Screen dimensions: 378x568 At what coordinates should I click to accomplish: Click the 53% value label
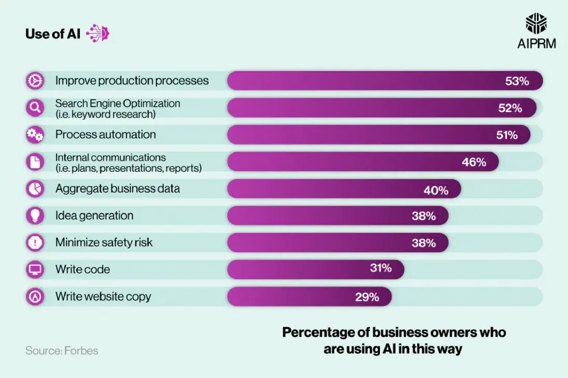pos(517,81)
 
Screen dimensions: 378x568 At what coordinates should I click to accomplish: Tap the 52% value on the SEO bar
pos(510,108)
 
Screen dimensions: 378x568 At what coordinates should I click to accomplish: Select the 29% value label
pos(367,297)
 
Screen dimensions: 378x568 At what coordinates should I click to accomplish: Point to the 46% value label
pos(474,162)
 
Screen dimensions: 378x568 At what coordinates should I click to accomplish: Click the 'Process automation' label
pos(105,135)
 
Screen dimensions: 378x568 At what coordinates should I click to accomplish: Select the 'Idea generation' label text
pos(94,215)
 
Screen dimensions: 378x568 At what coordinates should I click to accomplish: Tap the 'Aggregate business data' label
pos(118,188)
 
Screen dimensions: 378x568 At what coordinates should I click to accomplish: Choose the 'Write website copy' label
pos(103,297)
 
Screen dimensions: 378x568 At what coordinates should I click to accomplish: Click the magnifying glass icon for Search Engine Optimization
pos(35,108)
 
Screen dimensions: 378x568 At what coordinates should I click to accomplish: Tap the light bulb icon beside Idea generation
pos(35,215)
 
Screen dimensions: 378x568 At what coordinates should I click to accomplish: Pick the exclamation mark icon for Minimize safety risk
pos(35,242)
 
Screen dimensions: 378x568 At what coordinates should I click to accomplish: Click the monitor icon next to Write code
pos(35,269)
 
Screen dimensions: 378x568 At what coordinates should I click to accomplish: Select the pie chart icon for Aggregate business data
pos(35,188)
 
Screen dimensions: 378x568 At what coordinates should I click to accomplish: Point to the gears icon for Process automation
pos(35,135)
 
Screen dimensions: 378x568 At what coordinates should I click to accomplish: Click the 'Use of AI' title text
pos(52,34)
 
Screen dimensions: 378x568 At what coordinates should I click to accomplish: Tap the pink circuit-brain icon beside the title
pos(98,34)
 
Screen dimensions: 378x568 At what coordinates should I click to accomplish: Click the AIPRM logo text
pos(536,43)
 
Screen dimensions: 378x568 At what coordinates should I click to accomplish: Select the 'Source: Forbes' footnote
pos(62,351)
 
